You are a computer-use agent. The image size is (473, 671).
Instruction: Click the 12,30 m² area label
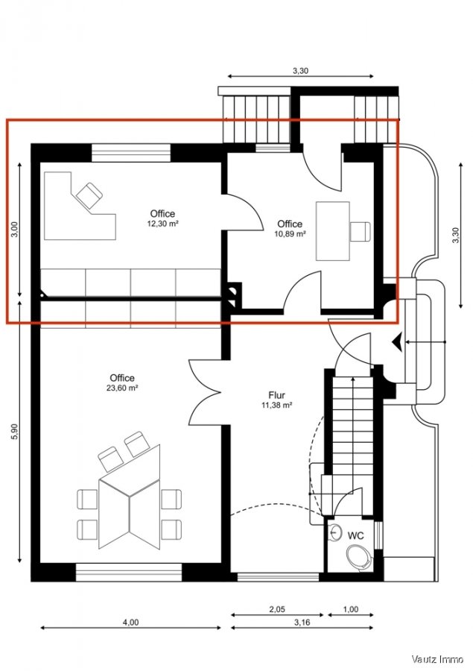[x=162, y=223]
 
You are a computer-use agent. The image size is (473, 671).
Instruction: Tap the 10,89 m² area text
[x=290, y=233]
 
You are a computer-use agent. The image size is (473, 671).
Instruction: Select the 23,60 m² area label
[x=121, y=388]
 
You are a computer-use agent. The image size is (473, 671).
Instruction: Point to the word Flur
[x=277, y=396]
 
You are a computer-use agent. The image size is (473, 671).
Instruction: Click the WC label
[x=356, y=535]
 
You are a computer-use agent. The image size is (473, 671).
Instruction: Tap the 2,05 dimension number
[x=276, y=609]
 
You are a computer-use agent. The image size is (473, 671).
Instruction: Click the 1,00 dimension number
[x=350, y=609]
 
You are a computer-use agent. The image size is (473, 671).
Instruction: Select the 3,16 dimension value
[x=302, y=621]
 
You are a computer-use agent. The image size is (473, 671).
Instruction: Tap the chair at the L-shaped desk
[x=88, y=195]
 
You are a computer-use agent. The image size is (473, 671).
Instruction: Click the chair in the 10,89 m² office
[x=361, y=231]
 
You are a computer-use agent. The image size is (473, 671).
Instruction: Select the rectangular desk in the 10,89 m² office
[x=332, y=230]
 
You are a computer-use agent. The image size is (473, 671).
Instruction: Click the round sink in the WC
[x=337, y=534]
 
